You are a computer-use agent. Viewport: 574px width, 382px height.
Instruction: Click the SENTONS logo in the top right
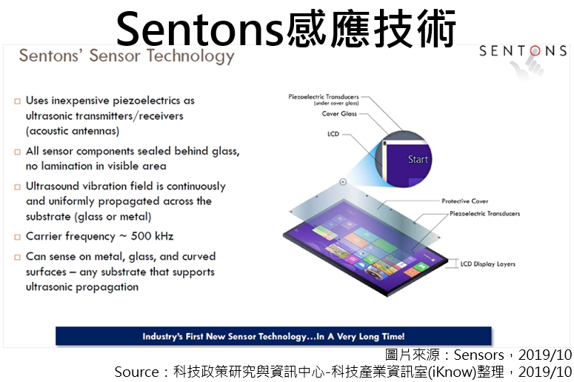[x=523, y=51]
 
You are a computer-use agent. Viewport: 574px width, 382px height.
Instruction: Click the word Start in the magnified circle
[x=418, y=159]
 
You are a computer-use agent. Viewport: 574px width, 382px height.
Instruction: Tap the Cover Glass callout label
[x=339, y=114]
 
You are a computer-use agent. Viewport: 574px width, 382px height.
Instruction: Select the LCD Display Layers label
[x=487, y=264]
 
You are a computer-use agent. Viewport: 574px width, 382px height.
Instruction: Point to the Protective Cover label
[x=465, y=201]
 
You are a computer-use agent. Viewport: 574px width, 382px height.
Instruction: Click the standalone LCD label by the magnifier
[x=333, y=134]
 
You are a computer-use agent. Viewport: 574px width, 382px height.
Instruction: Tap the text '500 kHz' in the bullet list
[x=152, y=236]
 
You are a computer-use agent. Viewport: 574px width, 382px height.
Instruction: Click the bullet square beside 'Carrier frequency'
[x=17, y=237]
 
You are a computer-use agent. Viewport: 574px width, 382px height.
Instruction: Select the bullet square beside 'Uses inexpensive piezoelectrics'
[x=17, y=101]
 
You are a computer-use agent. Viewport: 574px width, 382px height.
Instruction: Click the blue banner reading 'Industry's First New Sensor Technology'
[x=273, y=336]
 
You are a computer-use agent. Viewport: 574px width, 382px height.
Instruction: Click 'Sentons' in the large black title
[x=199, y=30]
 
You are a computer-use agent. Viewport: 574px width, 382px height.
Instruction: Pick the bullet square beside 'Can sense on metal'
[x=17, y=257]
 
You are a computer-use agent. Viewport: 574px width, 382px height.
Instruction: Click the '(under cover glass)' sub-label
[x=336, y=104]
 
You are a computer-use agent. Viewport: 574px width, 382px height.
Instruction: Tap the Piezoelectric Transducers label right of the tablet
[x=484, y=213]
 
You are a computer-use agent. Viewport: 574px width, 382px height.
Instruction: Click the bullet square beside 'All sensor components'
[x=17, y=152]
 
